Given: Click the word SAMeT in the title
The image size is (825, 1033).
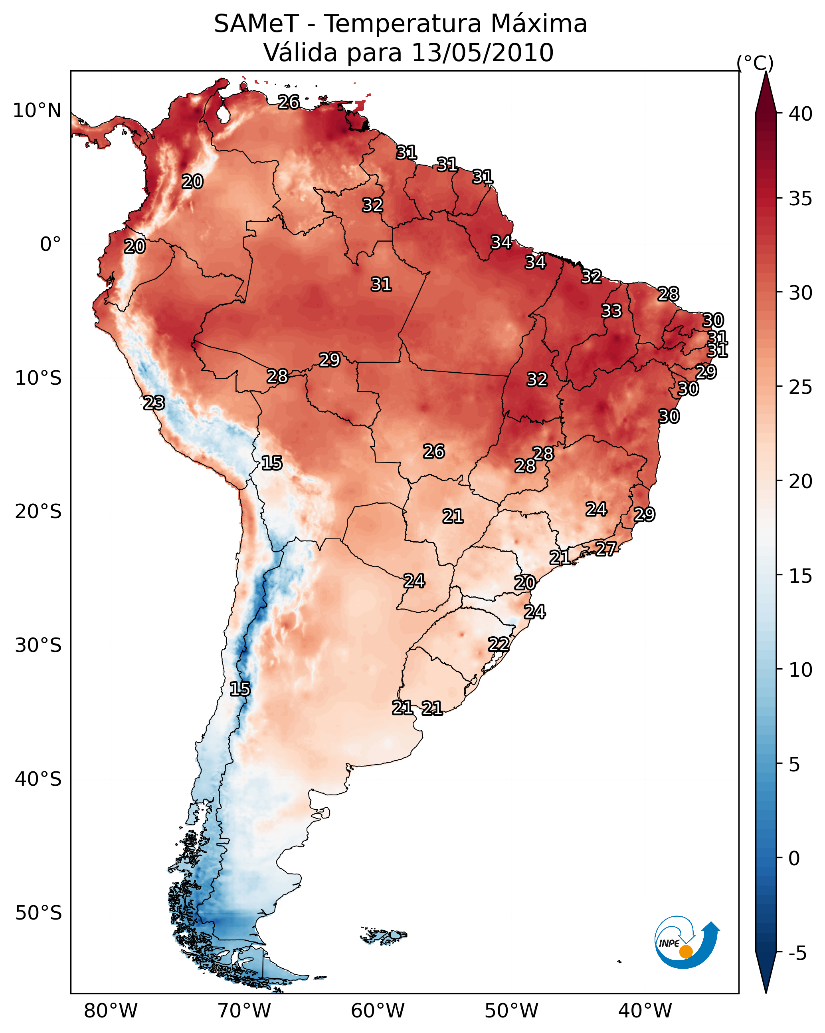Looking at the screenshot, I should click(x=256, y=24).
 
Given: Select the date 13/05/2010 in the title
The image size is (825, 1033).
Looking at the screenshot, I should click(x=482, y=53).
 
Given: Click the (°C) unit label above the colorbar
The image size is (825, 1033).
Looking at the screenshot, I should click(x=755, y=63).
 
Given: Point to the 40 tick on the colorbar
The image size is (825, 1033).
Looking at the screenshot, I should click(x=801, y=114).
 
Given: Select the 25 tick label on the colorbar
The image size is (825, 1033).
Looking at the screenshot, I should click(x=801, y=387).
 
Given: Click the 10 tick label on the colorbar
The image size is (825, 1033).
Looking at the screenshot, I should click(x=801, y=670).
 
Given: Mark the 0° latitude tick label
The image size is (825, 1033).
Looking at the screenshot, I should click(x=51, y=244).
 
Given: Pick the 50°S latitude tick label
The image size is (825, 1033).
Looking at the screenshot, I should click(x=38, y=913).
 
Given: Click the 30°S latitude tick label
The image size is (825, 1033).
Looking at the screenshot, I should click(x=38, y=646).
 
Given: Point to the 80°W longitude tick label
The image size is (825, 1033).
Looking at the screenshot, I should click(x=111, y=1011).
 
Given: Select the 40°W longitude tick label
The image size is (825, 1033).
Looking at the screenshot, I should click(x=645, y=1011).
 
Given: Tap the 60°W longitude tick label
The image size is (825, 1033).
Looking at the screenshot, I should click(x=378, y=1011).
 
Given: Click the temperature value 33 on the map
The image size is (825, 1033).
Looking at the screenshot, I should click(x=611, y=311).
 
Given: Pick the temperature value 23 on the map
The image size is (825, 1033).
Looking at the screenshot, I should click(x=154, y=403).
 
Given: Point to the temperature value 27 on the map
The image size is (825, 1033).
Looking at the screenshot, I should click(x=606, y=548).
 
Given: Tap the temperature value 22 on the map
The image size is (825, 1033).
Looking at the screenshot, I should click(x=499, y=644).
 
